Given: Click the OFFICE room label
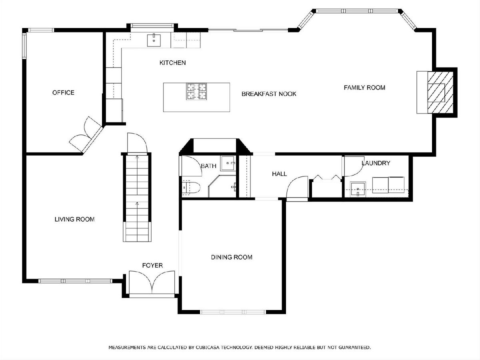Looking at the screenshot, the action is tap(63, 93).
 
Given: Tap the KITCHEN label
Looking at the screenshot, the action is tap(172, 63).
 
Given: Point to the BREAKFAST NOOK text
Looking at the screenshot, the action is tap(269, 94).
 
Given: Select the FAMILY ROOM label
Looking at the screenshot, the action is tap(364, 88).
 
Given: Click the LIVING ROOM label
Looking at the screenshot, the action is tap(74, 219).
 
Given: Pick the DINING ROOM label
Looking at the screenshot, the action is tap(232, 257).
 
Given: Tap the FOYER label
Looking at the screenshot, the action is tap(152, 265).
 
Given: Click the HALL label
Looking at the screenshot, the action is tap(280, 174).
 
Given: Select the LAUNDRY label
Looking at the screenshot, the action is tap(376, 163).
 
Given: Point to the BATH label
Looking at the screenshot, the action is tap(209, 166).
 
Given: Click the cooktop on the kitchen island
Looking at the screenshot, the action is tap(196, 91).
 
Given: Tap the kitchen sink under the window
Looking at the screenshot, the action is tap(154, 40).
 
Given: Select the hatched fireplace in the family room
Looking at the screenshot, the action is tap(440, 92).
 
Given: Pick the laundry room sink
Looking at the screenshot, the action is tap(358, 189).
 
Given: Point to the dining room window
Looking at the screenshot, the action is tap(233, 312).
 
